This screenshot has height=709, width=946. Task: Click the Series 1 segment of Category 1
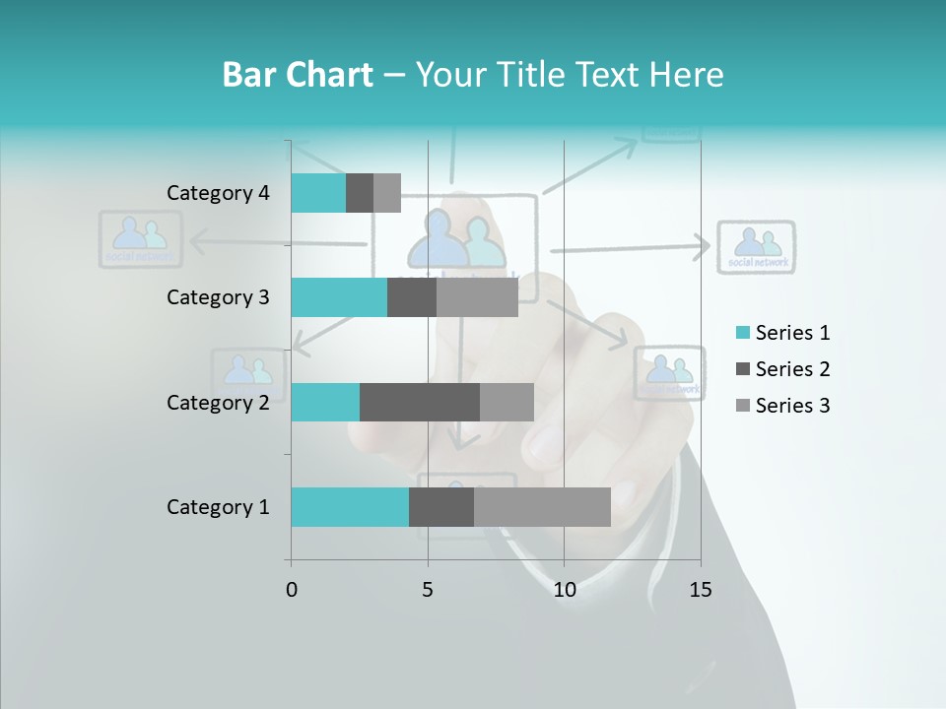pyautogui.click(x=350, y=507)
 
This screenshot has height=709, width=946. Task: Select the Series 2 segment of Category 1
pyautogui.click(x=441, y=507)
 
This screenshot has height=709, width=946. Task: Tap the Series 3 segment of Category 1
pyautogui.click(x=542, y=507)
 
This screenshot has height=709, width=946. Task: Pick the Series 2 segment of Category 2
pyautogui.click(x=420, y=402)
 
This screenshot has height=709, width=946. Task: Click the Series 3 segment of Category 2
pyautogui.click(x=507, y=402)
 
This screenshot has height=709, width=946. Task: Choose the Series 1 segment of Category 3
pyautogui.click(x=339, y=297)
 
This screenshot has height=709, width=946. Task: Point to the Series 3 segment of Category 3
pyautogui.click(x=477, y=297)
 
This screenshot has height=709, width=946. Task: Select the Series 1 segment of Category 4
pyautogui.click(x=318, y=193)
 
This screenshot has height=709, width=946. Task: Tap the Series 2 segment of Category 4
pyautogui.click(x=360, y=193)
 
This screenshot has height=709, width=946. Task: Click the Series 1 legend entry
pyautogui.click(x=782, y=333)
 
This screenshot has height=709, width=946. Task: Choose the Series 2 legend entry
pyautogui.click(x=782, y=369)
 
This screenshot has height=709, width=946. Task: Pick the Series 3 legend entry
pyautogui.click(x=782, y=406)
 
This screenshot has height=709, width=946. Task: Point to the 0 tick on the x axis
pyautogui.click(x=292, y=590)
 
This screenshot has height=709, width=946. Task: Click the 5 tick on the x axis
pyautogui.click(x=428, y=590)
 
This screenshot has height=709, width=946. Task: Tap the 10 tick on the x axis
pyautogui.click(x=564, y=590)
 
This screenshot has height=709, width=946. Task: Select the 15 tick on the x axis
pyautogui.click(x=701, y=590)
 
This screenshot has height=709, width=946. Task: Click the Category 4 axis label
pyautogui.click(x=218, y=193)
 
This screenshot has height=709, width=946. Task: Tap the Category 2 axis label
pyautogui.click(x=218, y=402)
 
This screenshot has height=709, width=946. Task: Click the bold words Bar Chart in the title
pyautogui.click(x=298, y=75)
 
